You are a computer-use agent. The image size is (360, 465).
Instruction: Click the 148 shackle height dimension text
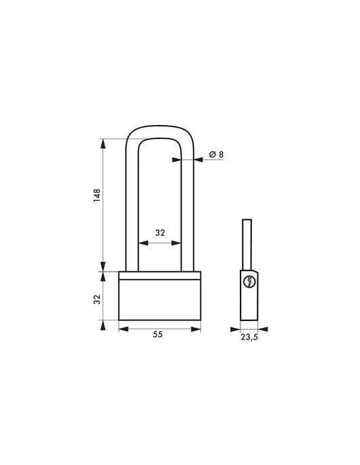97,196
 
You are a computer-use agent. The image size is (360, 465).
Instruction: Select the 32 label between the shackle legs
160,233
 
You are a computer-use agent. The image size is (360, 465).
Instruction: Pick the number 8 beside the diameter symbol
221,155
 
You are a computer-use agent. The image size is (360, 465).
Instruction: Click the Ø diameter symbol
211,155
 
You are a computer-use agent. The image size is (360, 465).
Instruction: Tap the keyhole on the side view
249,284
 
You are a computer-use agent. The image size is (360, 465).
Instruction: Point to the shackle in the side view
248,244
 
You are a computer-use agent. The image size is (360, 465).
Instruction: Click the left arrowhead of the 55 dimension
122,329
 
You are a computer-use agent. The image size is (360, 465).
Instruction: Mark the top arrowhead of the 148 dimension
103,143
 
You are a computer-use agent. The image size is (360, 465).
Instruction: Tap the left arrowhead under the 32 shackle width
141,242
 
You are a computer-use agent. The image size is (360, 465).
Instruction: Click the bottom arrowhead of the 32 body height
103,319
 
